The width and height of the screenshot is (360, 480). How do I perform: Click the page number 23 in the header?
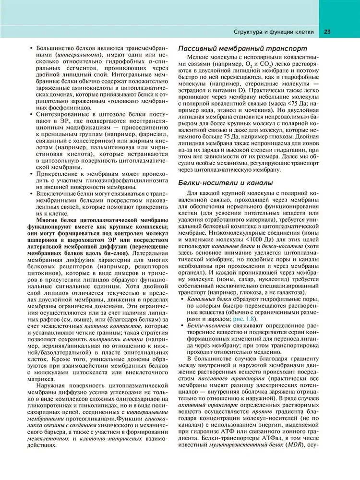327,32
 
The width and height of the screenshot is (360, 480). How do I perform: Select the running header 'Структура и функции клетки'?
273,32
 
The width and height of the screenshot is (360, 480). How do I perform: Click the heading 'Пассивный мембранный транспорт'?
242,48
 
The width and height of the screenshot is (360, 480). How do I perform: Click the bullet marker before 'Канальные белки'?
181,299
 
